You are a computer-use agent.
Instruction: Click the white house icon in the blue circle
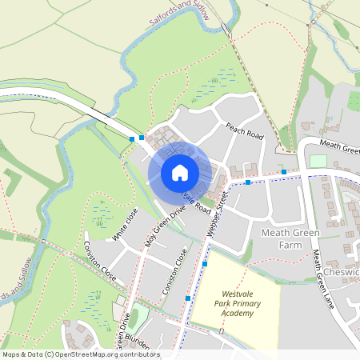180,172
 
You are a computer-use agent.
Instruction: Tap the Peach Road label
244,131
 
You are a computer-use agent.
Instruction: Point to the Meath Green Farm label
285,239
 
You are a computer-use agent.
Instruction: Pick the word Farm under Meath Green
284,246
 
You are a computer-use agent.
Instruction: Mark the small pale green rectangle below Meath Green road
318,161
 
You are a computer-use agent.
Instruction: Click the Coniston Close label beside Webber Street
174,270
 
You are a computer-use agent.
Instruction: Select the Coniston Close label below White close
99,261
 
